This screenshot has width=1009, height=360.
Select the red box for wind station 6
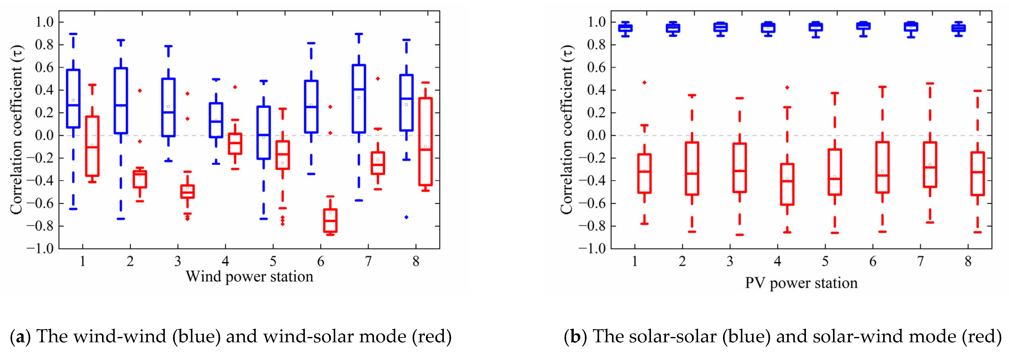tap(330, 221)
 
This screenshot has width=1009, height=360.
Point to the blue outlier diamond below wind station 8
tap(407, 217)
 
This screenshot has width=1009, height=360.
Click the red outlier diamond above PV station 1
tap(644, 83)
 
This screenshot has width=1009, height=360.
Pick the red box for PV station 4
tap(787, 184)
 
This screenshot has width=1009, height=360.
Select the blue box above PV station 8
tap(958, 28)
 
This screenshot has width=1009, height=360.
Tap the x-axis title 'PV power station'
tap(801, 283)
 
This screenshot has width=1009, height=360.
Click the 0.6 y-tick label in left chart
tap(44, 67)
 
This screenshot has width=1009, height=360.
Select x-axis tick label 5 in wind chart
tap(273, 261)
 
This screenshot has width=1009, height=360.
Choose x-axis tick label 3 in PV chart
tap(730, 261)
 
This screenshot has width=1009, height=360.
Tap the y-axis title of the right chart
tap(567, 129)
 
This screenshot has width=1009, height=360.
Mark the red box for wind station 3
tap(187, 192)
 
